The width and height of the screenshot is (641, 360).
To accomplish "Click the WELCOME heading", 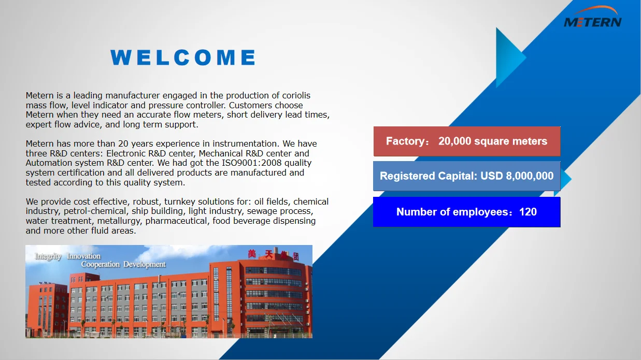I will [x=183, y=57].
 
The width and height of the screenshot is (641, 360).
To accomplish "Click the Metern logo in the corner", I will [x=592, y=18].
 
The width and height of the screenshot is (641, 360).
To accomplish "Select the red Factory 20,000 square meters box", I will [x=466, y=141].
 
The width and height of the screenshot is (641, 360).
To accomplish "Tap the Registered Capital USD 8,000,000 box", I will [x=466, y=176].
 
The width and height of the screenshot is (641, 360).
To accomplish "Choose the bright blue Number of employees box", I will [x=466, y=212].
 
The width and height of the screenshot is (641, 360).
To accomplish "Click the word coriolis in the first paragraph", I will [x=296, y=95].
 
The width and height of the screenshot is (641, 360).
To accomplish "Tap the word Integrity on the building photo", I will [x=48, y=256].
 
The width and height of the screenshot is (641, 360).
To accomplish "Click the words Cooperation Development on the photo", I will [x=123, y=265].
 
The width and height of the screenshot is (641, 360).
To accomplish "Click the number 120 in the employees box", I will [x=528, y=212].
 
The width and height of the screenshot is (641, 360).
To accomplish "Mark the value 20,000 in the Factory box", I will [x=455, y=141].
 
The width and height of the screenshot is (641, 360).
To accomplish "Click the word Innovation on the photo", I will [x=83, y=256].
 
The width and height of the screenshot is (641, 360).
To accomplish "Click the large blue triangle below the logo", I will [x=508, y=58].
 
